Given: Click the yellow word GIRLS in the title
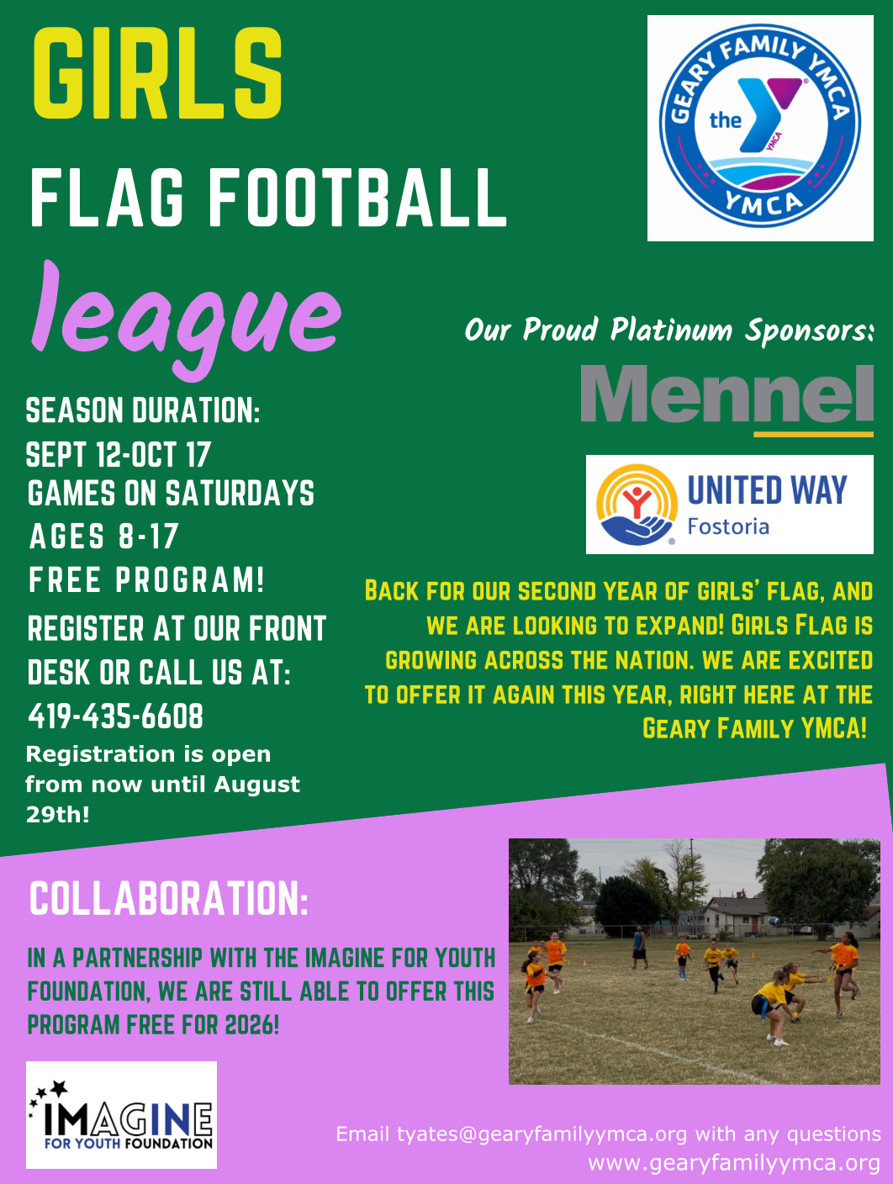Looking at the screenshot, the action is pos(157,73).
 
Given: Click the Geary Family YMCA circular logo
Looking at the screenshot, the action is pos(760,127).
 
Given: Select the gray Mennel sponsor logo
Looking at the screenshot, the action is pos(727,399).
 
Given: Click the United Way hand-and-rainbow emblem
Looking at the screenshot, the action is pos(637,505).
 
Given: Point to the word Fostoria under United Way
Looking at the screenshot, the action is pos(728,526).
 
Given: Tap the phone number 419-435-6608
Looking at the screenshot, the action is pos(116,716).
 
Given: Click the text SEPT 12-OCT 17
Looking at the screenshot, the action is pos(118,454).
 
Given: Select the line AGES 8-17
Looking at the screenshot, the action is pos(103,536).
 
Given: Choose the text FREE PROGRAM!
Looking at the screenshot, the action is pos(146,579).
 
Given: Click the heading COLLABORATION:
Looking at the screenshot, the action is pos(168,899).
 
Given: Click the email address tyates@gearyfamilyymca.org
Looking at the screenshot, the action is pos(542,1134).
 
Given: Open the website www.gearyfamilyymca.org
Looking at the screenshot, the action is pos(734,1163).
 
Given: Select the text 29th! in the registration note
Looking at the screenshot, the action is pos(58,815).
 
